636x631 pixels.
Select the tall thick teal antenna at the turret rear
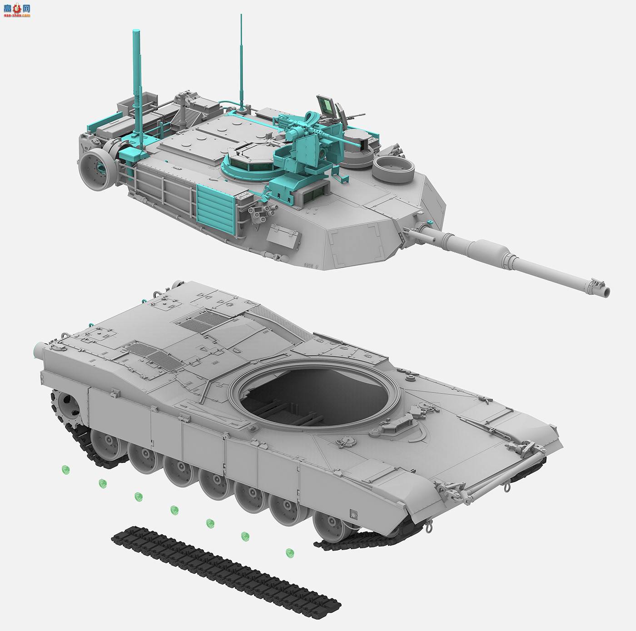[x=136, y=82]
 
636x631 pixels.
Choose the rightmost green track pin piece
[x=289, y=553]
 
